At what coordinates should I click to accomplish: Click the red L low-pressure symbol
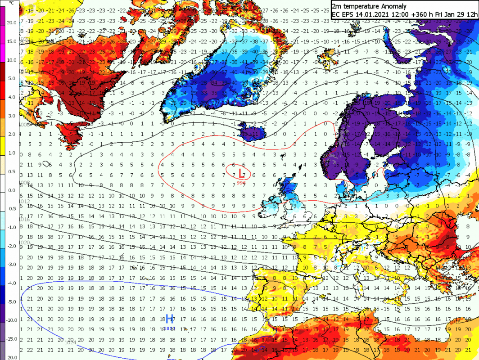[x=242, y=173]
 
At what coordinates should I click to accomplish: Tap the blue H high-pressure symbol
[x=169, y=319]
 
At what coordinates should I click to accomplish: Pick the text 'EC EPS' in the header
[x=343, y=14]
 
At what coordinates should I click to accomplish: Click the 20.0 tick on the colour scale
[x=12, y=23]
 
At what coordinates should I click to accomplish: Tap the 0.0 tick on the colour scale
[x=12, y=190]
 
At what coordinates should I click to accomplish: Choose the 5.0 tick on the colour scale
[x=12, y=79]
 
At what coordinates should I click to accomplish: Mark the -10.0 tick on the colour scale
[x=12, y=320]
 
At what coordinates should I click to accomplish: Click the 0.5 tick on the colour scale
[x=12, y=171]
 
